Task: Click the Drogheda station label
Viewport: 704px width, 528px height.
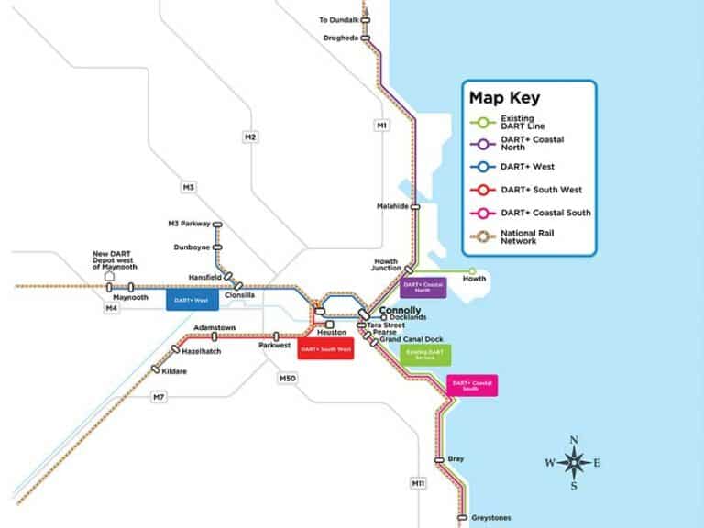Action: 341,38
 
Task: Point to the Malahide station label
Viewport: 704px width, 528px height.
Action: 393,207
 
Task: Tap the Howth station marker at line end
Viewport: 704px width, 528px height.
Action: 472,271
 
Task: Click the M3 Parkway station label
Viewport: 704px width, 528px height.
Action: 188,224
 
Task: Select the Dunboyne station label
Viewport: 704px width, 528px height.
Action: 192,247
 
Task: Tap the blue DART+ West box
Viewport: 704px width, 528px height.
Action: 192,300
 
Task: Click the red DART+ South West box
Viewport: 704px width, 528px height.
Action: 325,349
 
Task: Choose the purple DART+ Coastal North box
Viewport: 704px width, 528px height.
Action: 423,288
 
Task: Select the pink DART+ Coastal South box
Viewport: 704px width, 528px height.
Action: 472,385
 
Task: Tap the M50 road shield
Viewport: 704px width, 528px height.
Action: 285,377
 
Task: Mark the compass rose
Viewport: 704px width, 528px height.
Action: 574,463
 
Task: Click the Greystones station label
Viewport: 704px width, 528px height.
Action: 490,518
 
